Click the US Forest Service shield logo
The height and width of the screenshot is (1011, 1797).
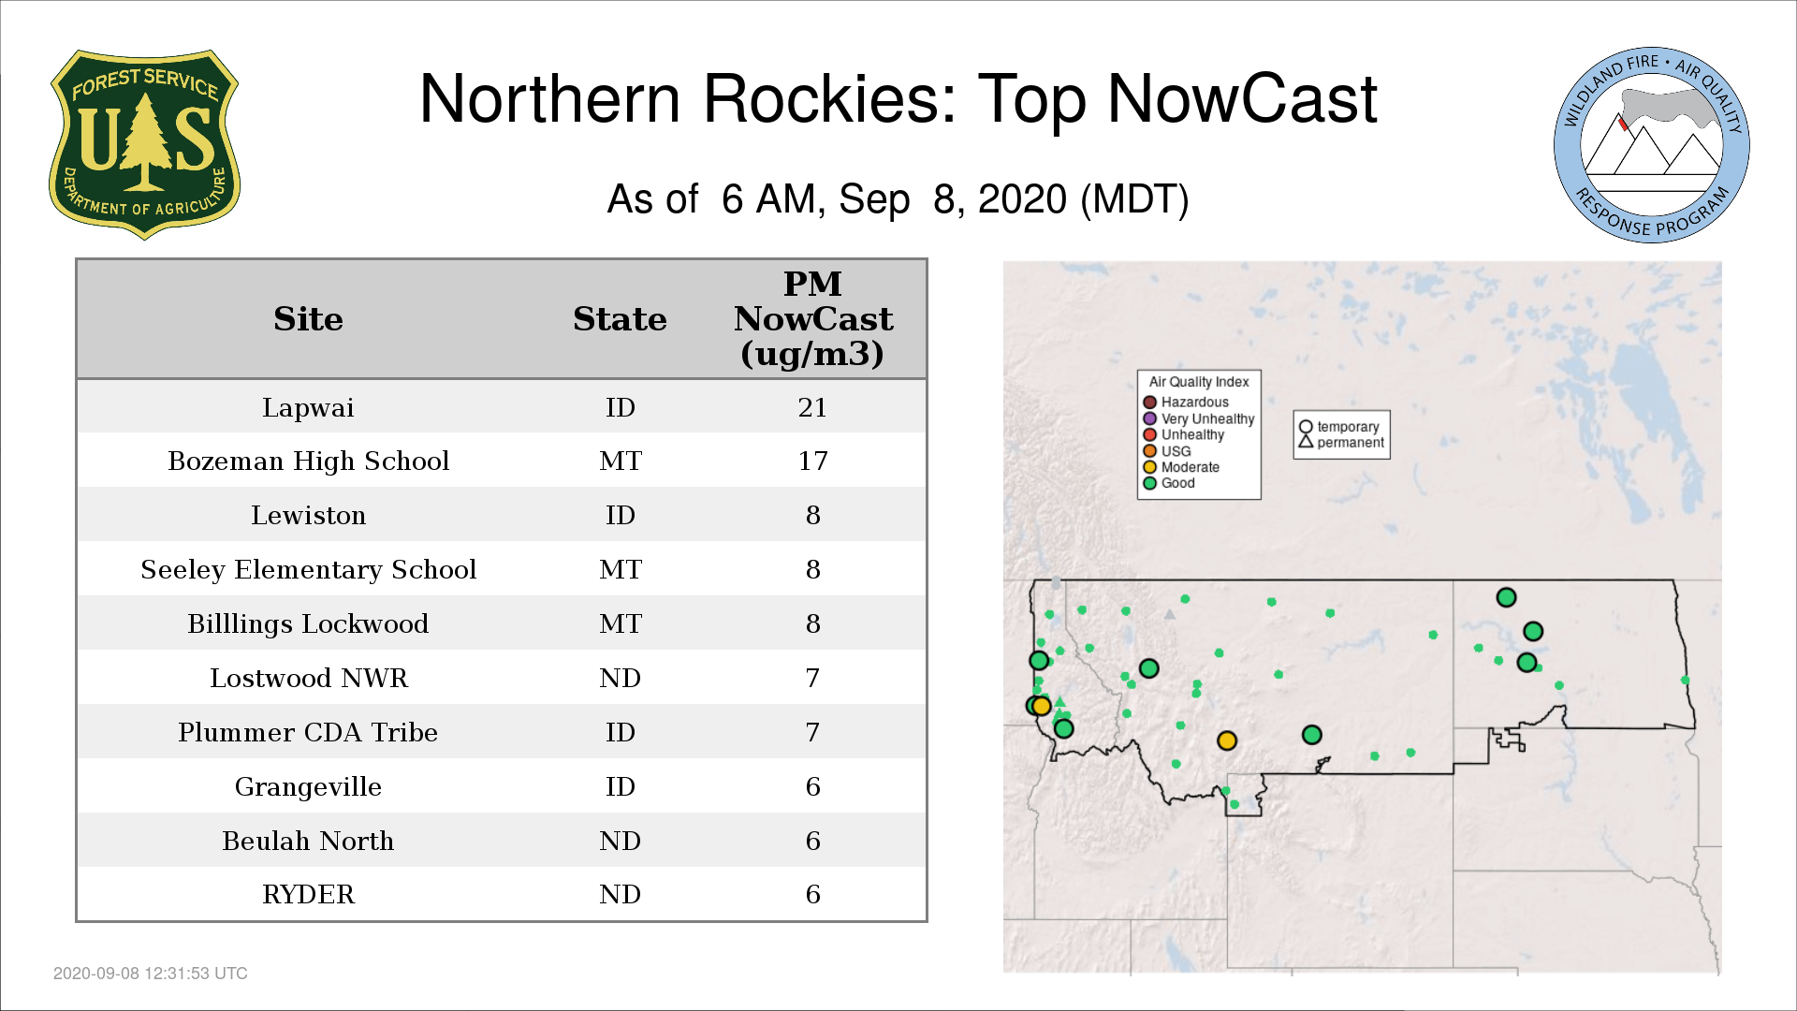click(144, 145)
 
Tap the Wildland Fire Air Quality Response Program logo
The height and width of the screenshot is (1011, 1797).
click(1652, 145)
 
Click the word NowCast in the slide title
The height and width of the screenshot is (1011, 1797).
click(1242, 98)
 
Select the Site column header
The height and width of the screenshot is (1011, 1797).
click(308, 319)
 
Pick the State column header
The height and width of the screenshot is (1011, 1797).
click(620, 319)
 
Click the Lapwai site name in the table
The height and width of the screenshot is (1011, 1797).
click(308, 408)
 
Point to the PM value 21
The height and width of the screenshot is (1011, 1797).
click(812, 407)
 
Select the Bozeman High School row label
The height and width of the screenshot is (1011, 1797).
click(308, 462)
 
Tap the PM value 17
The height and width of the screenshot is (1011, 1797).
click(812, 461)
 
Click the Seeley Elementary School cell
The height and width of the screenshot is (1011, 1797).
click(308, 570)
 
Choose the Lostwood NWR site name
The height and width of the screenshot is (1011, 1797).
click(308, 678)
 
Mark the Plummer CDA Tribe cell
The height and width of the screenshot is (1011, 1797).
click(308, 732)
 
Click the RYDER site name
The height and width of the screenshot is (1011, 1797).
click(308, 895)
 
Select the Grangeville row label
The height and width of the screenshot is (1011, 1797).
click(308, 787)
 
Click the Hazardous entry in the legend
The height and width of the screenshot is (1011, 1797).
click(1186, 403)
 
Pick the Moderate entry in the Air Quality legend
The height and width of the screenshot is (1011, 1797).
click(1181, 467)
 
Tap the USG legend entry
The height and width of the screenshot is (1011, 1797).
click(1167, 451)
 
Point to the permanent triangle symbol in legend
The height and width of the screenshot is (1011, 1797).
click(1306, 441)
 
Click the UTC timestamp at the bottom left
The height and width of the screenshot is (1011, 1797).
click(151, 974)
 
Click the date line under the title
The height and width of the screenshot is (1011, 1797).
click(898, 199)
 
